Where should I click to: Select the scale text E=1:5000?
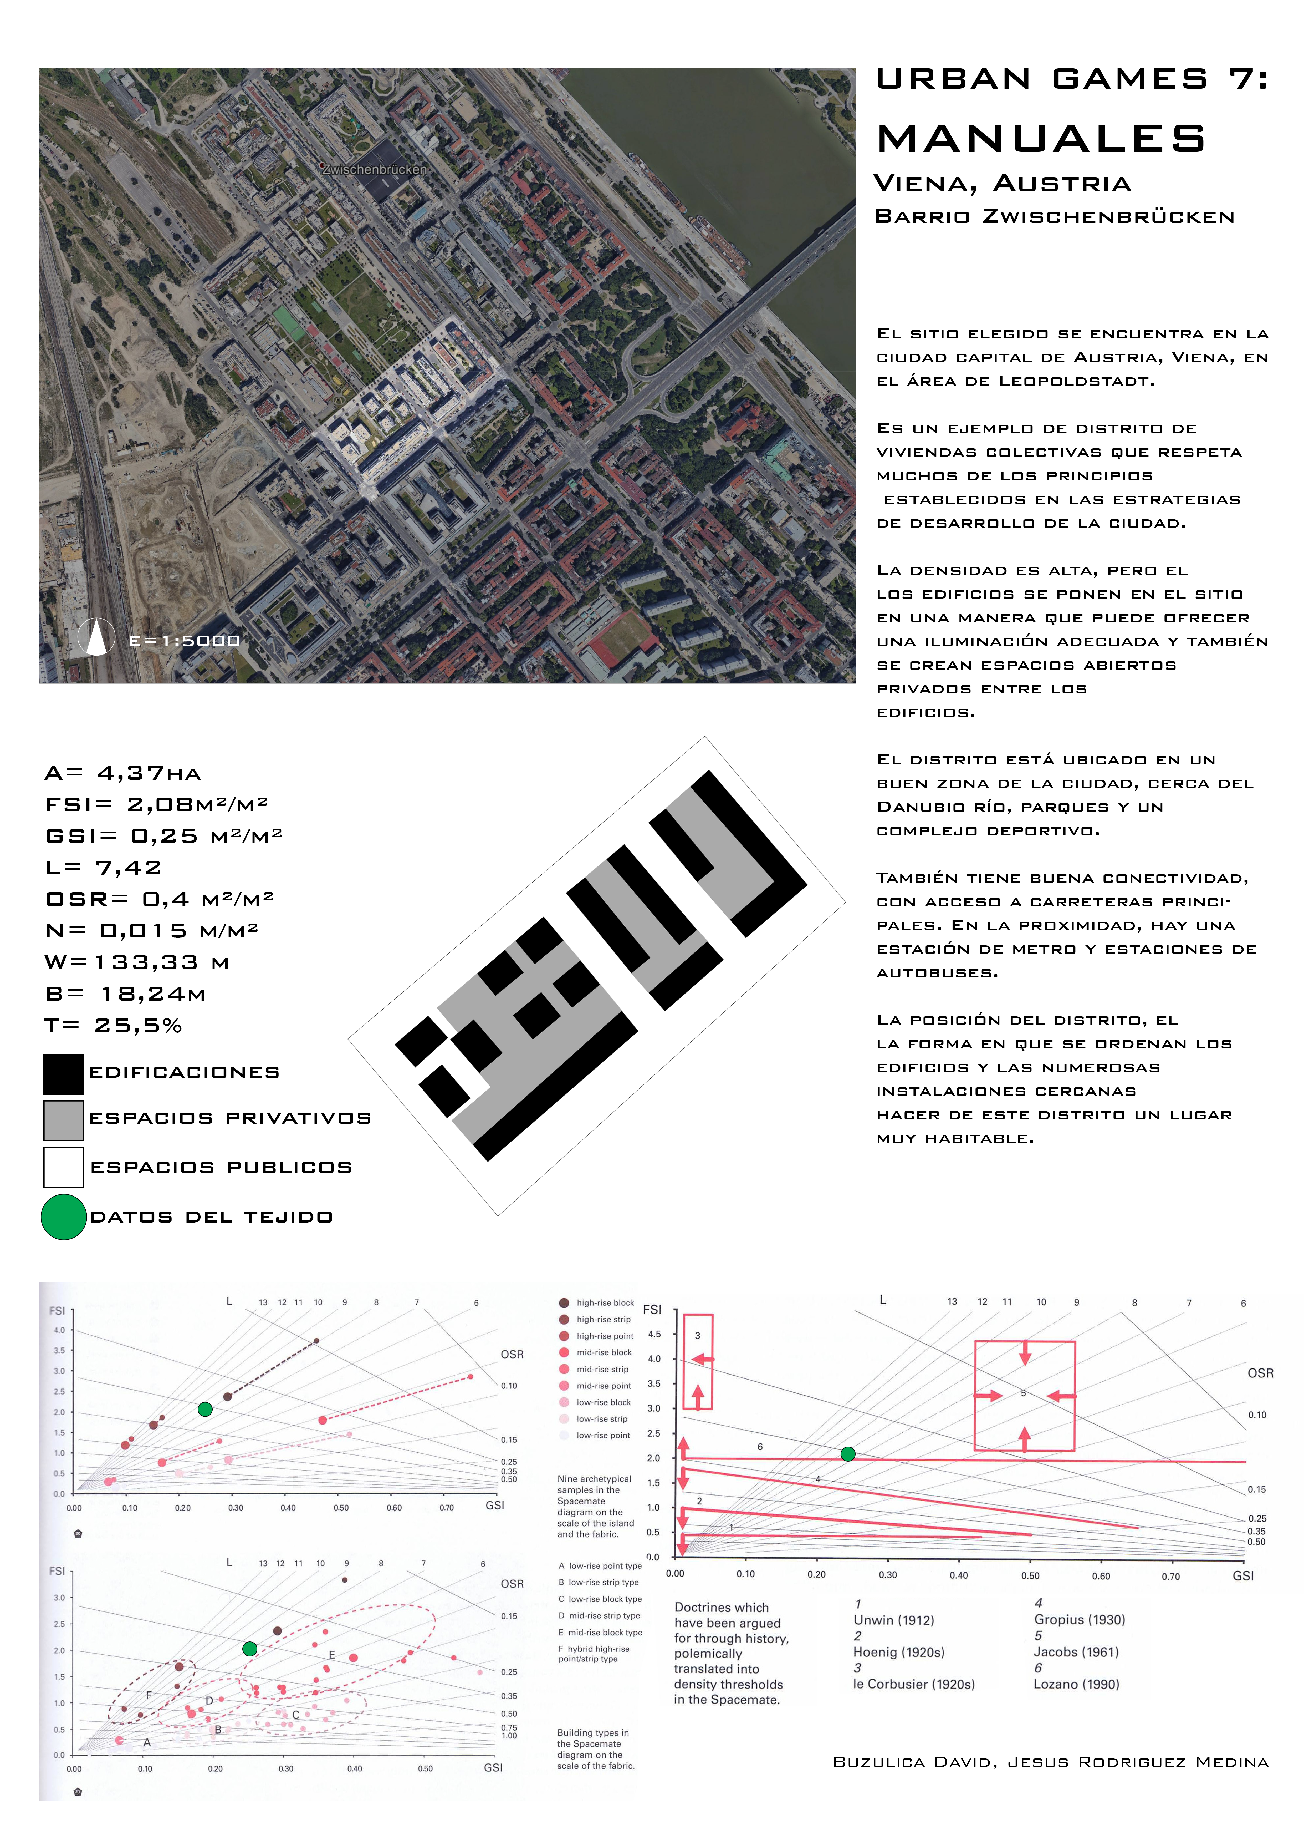[x=185, y=640]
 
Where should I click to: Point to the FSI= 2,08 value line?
[x=157, y=804]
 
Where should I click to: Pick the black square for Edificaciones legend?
[x=63, y=1073]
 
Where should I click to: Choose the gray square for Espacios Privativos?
[x=63, y=1120]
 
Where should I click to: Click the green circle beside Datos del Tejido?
[x=63, y=1217]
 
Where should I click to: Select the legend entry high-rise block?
[x=605, y=1302]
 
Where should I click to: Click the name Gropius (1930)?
[x=1079, y=1619]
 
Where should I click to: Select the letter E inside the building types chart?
[x=332, y=1655]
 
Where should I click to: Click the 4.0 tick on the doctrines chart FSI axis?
[x=654, y=1359]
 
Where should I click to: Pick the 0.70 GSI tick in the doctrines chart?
[x=1171, y=1576]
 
